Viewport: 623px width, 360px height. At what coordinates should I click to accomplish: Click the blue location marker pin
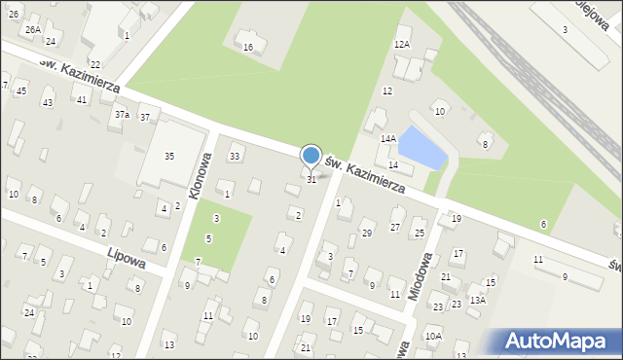coord(311,156)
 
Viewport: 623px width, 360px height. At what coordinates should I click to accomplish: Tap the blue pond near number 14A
coord(421,147)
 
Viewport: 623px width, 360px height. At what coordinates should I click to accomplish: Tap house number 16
coord(248,47)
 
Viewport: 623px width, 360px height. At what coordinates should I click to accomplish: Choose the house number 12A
coord(402,45)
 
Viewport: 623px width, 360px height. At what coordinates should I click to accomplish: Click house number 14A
coord(387,139)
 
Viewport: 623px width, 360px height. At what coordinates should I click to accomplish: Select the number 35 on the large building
coord(168,156)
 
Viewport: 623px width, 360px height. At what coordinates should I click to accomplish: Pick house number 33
coord(235,156)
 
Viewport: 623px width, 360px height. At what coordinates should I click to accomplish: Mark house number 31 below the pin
coord(311,180)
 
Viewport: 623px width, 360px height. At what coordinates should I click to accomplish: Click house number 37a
coord(122,115)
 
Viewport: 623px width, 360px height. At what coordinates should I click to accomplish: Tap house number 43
coord(48,102)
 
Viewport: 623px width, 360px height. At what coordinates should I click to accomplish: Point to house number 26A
coord(32,30)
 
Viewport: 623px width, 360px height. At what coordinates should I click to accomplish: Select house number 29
coord(367,234)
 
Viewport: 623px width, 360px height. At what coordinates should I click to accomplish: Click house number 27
coord(395,227)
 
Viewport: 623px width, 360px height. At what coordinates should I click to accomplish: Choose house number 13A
coord(477,301)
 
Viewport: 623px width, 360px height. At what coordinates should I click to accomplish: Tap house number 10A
coord(433,336)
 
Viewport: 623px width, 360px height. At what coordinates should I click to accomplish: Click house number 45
coord(21,90)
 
